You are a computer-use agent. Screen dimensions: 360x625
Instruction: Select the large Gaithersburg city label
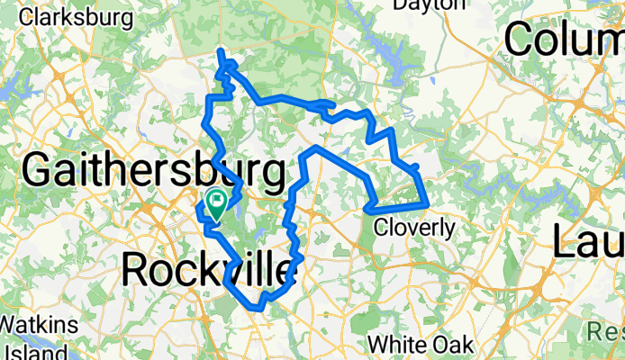coord(152,171)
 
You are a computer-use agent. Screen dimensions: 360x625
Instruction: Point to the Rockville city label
coord(209,267)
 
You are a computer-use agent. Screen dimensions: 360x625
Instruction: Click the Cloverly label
coord(413,228)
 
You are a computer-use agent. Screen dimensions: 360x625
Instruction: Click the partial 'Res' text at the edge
coord(606,333)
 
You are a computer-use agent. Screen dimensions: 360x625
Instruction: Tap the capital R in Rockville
coord(135,267)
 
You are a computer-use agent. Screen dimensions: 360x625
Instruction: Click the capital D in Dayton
coord(403,6)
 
